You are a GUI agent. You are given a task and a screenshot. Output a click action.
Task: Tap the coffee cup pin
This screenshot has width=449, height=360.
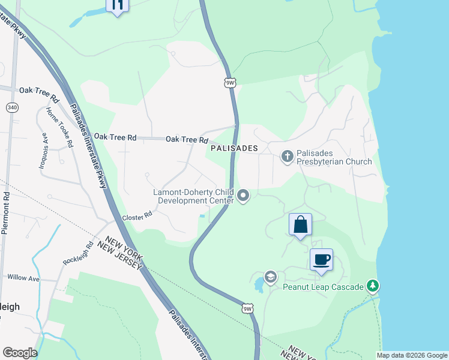tap(321, 259)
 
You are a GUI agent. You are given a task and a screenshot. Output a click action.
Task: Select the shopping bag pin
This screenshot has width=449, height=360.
tap(301, 225)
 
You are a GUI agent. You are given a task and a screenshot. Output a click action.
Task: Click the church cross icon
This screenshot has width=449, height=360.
tap(287, 157)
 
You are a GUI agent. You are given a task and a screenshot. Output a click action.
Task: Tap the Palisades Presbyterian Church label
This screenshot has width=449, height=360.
tap(335, 157)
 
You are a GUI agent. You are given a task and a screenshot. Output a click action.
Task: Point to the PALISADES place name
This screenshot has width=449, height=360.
tap(234, 148)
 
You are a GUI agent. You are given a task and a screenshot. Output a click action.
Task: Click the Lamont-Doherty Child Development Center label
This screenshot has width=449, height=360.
tap(192, 196)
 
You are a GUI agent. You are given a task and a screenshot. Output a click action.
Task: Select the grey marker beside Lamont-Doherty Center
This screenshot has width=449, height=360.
tap(243, 196)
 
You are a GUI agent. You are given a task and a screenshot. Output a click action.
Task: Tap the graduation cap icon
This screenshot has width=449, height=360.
tap(270, 277)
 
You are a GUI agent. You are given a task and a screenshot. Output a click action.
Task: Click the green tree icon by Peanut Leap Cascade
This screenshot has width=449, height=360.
tap(373, 286)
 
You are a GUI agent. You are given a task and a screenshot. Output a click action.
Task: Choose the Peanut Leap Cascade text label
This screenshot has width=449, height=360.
tap(324, 287)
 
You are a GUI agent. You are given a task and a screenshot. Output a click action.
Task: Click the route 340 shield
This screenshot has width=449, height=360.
tap(12, 107)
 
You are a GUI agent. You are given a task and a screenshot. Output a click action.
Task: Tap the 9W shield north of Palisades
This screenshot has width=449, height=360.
tap(229, 82)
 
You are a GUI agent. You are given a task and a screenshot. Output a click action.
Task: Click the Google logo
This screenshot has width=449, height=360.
tap(19, 353)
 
